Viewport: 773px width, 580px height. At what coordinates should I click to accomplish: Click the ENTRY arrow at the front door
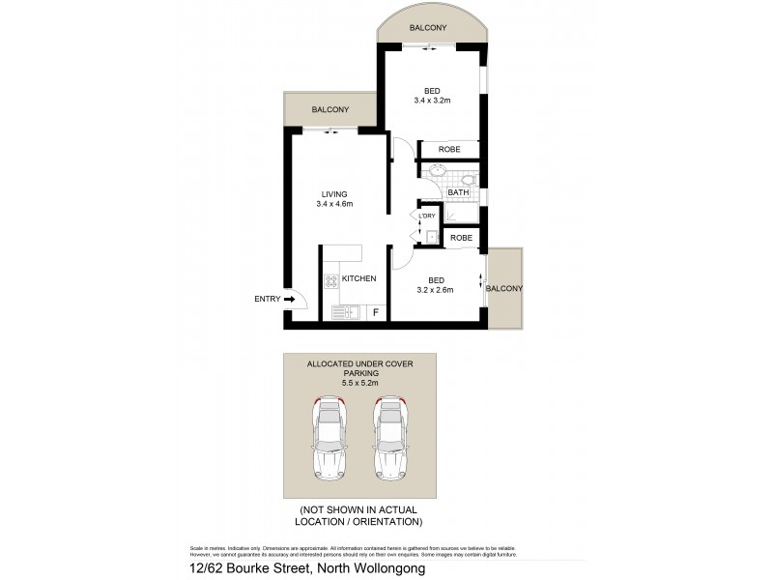[x=289, y=300]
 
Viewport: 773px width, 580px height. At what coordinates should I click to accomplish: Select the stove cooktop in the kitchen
[x=332, y=281]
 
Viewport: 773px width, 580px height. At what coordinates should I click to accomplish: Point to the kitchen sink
[x=345, y=311]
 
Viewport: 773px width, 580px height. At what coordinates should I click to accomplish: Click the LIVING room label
[x=334, y=194]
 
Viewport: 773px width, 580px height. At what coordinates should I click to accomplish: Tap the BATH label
[x=458, y=192]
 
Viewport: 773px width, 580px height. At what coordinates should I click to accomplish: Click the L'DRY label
[x=427, y=217]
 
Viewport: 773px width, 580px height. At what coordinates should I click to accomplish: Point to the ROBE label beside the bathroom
[x=449, y=150]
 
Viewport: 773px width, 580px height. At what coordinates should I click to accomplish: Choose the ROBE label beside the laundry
[x=461, y=237]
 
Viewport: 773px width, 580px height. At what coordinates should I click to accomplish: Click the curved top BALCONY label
[x=427, y=29]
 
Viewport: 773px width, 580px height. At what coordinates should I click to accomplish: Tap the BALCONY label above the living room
[x=329, y=110]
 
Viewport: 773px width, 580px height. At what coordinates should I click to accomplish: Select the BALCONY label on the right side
[x=504, y=289]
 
